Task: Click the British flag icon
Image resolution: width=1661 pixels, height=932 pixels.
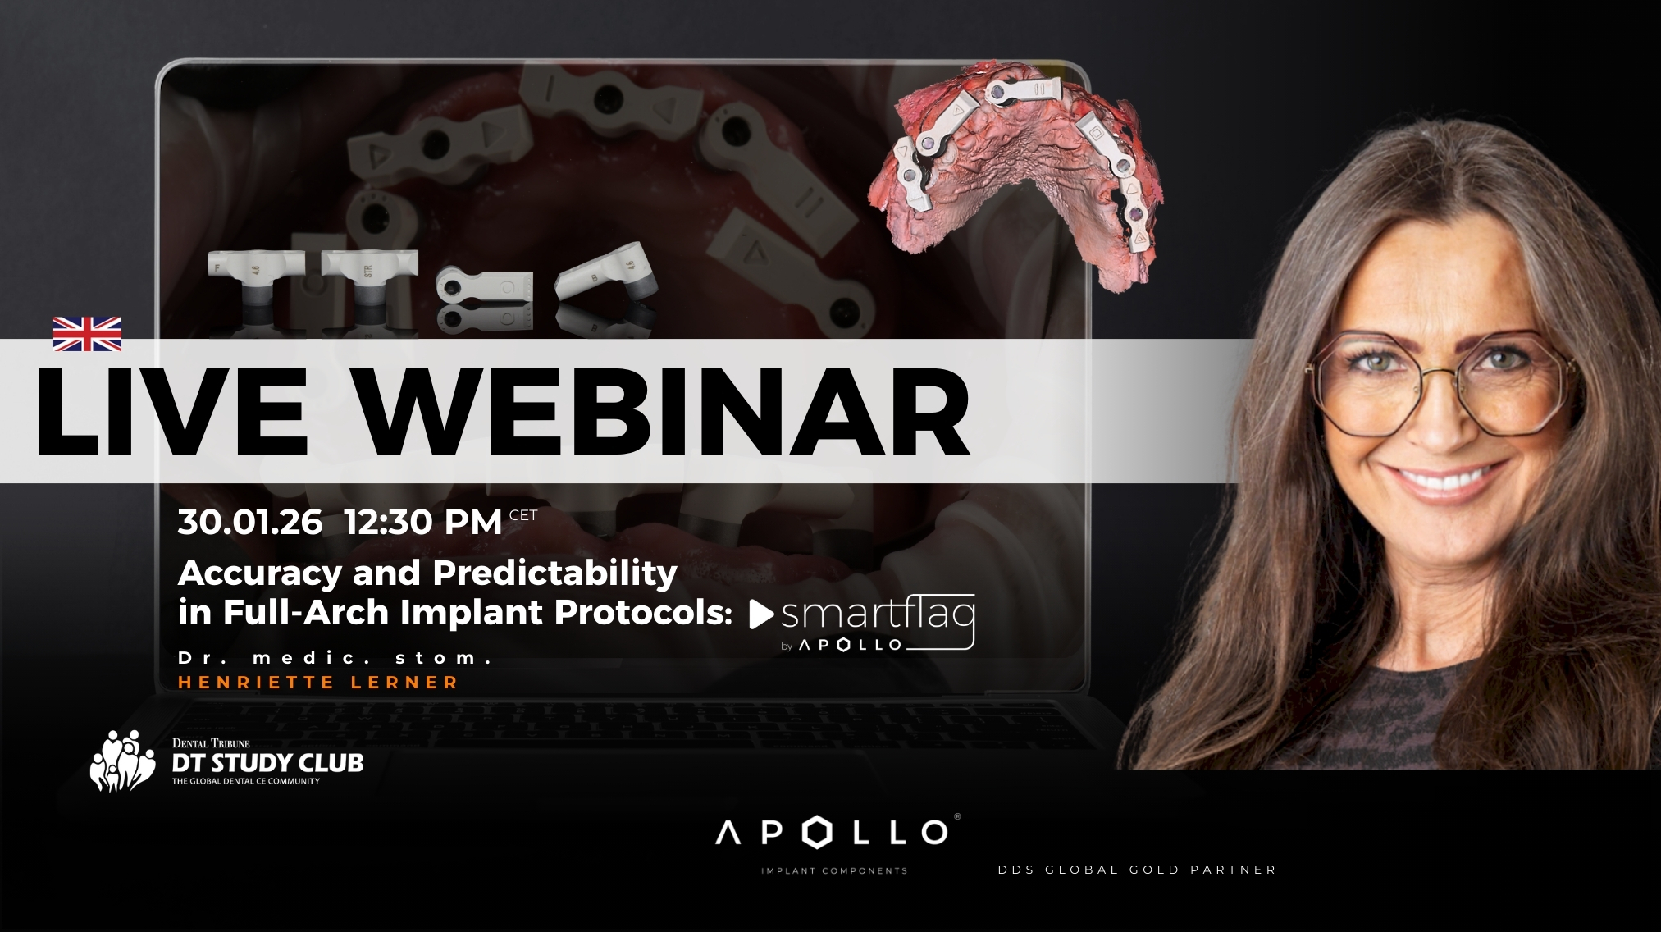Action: [x=87, y=334]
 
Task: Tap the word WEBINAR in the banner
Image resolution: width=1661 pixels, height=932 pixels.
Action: [x=664, y=412]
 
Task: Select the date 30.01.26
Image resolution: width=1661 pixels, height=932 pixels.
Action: [x=250, y=523]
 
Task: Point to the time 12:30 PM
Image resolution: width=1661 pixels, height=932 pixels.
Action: [x=423, y=523]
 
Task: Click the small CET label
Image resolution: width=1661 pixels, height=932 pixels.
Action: [x=523, y=515]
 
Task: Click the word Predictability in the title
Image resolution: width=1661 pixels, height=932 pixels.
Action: [x=554, y=573]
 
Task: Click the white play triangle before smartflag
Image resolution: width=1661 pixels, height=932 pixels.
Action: [x=760, y=614]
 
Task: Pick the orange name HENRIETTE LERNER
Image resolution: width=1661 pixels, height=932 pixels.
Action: [x=318, y=683]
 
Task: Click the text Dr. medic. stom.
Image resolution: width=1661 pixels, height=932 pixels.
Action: [x=335, y=658]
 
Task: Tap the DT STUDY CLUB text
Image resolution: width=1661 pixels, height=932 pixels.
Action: [x=267, y=763]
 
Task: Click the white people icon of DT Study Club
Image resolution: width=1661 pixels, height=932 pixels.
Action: [x=122, y=761]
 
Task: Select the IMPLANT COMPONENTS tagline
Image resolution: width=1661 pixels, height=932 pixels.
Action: [x=834, y=871]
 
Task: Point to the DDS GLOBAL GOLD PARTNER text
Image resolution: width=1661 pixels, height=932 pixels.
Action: [x=1137, y=870]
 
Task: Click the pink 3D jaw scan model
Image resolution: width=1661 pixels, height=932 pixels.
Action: [x=1017, y=172]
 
